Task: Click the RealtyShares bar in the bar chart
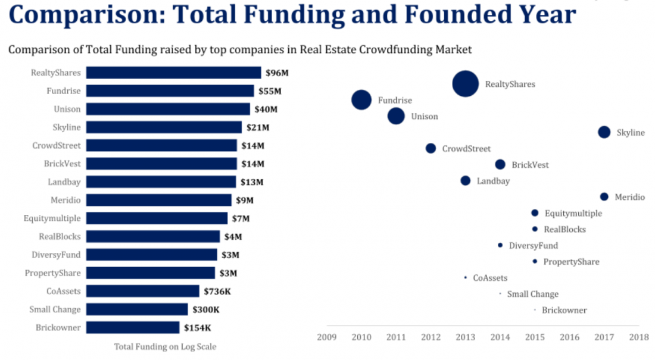(173, 73)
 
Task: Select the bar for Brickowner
(132, 327)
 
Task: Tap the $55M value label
(270, 91)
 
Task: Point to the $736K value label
(217, 291)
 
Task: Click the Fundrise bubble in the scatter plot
(361, 100)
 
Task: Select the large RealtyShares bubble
(466, 84)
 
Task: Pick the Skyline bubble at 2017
(604, 132)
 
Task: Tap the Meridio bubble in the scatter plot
(604, 196)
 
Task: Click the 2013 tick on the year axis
(465, 337)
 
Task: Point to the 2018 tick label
(638, 337)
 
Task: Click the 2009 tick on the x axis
(327, 337)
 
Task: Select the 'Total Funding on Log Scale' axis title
(165, 347)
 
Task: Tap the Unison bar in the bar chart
(168, 109)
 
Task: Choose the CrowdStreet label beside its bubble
(466, 149)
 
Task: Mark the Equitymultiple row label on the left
(52, 218)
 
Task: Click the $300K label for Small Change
(205, 309)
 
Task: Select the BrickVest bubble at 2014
(500, 164)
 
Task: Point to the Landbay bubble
(465, 180)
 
